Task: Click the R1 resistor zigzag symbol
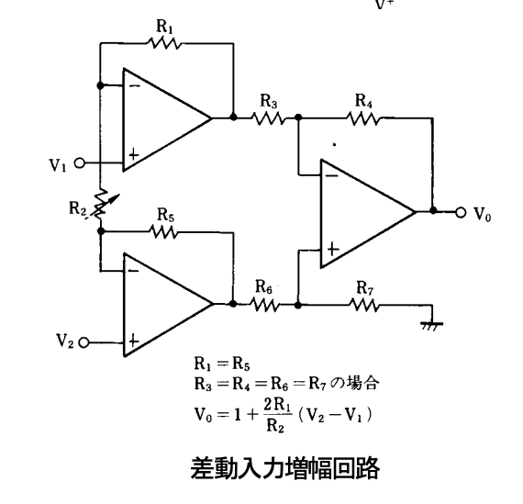[x=164, y=43]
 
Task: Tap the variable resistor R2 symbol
[x=100, y=205]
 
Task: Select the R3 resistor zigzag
[x=268, y=118]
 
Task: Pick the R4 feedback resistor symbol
[x=363, y=118]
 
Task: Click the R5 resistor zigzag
[x=163, y=231]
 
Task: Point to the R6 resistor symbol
[x=264, y=305]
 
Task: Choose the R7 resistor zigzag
[x=364, y=305]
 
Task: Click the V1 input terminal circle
[x=80, y=163]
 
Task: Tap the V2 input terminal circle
[x=83, y=342]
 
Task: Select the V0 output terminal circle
[x=461, y=212]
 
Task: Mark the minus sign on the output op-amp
[x=331, y=175]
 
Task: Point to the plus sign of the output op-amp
[x=333, y=250]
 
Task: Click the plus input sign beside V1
[x=133, y=154]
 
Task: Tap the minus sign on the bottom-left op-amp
[x=133, y=271]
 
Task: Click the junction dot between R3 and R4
[x=298, y=118]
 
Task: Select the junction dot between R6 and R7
[x=298, y=305]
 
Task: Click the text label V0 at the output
[x=483, y=214]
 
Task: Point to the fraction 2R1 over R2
[x=277, y=415]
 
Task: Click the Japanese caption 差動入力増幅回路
[x=284, y=468]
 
